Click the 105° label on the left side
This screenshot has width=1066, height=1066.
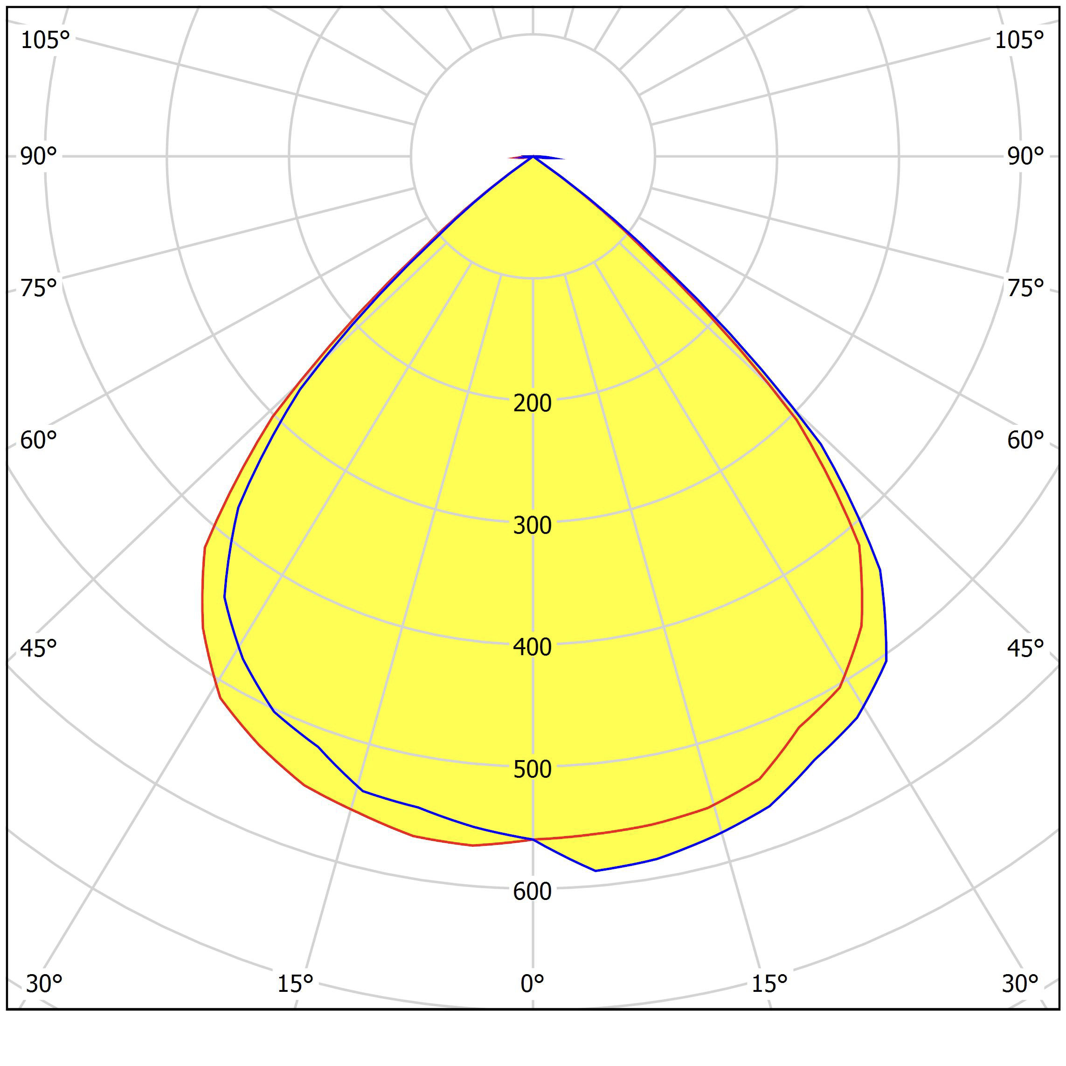click(45, 40)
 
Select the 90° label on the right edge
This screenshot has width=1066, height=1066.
click(1025, 157)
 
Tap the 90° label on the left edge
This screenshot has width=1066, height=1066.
click(39, 157)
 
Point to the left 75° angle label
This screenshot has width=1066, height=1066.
click(39, 288)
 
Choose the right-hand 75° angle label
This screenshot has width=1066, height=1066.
click(1025, 288)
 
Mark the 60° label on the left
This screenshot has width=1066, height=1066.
click(39, 440)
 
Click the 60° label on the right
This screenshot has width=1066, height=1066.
click(1025, 440)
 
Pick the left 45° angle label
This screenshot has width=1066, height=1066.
click(39, 649)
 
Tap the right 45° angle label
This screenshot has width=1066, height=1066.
click(1025, 649)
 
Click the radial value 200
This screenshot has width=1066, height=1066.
click(533, 403)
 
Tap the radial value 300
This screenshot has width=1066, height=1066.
click(533, 525)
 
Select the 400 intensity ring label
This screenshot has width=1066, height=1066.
click(533, 647)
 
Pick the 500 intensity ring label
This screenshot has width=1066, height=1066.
click(533, 769)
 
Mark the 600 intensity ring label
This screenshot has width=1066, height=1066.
click(533, 892)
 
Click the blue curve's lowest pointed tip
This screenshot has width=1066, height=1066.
click(595, 871)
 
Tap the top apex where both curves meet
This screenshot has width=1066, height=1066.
click(533, 157)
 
